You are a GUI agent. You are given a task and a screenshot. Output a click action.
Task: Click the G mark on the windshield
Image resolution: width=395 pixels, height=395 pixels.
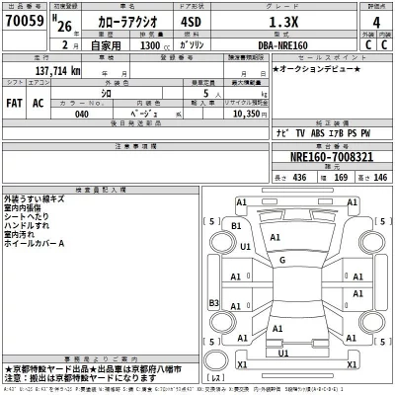point(282,261)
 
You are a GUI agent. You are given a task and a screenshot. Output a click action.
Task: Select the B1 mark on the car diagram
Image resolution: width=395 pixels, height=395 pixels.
point(235,226)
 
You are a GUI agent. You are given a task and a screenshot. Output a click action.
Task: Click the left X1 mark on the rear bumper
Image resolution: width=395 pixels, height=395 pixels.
point(242,364)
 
